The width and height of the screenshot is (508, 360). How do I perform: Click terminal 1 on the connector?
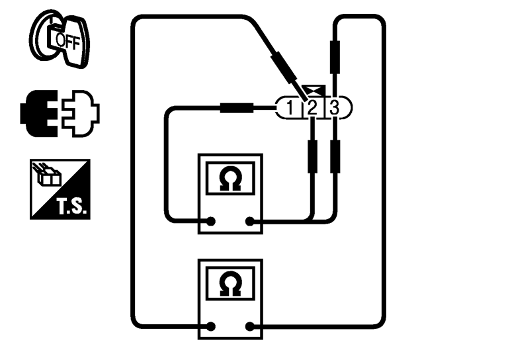(x=290, y=107)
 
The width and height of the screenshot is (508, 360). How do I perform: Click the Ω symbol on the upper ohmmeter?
(x=231, y=179)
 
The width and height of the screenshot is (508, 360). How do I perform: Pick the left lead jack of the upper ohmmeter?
(x=211, y=222)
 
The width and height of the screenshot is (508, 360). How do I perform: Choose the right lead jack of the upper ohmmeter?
(x=251, y=222)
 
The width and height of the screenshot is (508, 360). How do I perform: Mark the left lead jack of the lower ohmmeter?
(x=211, y=326)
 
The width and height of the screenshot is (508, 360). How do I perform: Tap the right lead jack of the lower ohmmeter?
(x=251, y=326)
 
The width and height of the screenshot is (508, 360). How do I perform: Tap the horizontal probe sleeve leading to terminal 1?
(x=238, y=107)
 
